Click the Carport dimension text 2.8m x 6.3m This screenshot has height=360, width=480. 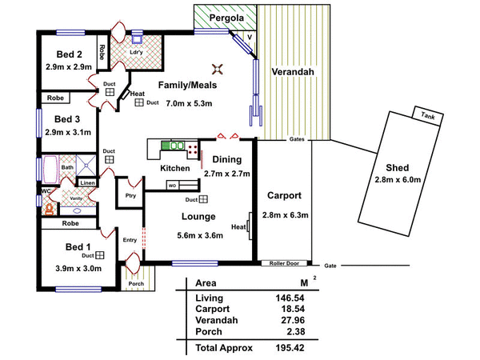click(x=284, y=214)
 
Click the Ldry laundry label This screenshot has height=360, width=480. click(x=137, y=52)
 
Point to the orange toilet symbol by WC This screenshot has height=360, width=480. click(x=49, y=208)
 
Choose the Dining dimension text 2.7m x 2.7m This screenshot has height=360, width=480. click(x=227, y=173)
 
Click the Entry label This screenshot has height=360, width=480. click(x=130, y=239)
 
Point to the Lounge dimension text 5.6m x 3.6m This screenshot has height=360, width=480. click(x=198, y=235)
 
